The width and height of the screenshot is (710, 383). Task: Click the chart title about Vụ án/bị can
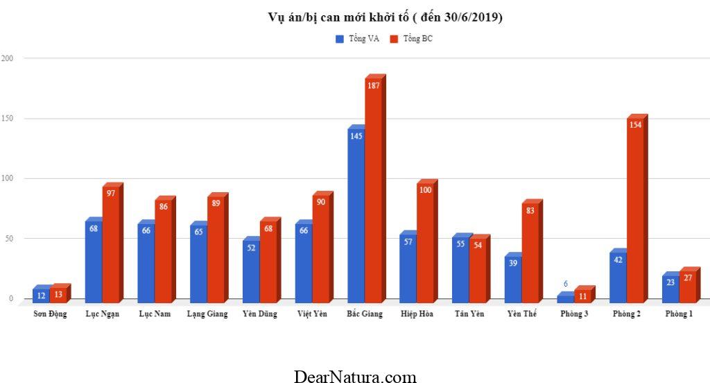[385, 17]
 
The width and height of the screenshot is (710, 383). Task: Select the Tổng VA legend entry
[358, 39]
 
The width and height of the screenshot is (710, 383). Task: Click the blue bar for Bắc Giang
[356, 215]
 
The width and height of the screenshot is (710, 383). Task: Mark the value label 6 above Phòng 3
[566, 284]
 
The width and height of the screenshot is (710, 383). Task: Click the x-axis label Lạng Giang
[207, 314]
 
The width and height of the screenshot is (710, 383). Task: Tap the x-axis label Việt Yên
[312, 314]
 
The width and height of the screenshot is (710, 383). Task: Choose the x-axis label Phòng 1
[679, 314]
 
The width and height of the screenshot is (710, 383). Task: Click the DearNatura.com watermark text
[355, 377]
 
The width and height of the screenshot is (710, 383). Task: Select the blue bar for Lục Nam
[146, 264]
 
